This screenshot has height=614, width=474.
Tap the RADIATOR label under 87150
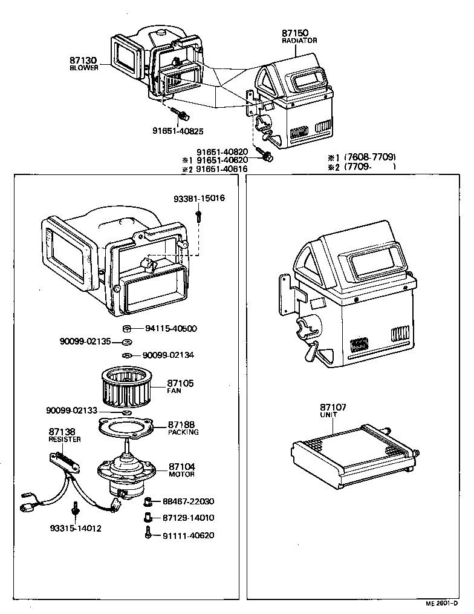299,41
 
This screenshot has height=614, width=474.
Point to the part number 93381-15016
199,198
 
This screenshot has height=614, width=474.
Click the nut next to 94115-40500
127,329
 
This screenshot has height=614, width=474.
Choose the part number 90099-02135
85,342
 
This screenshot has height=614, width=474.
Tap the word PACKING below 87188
183,432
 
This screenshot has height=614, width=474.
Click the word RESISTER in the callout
65,440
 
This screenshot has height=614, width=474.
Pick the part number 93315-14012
76,528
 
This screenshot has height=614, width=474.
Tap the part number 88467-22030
188,501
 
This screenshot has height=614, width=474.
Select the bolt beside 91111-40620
148,535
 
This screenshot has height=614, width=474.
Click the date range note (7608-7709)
370,157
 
